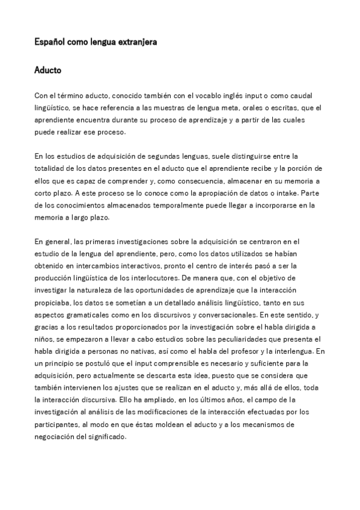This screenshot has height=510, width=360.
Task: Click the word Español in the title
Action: click(x=48, y=43)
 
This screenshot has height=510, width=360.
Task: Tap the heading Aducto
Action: click(x=47, y=71)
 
